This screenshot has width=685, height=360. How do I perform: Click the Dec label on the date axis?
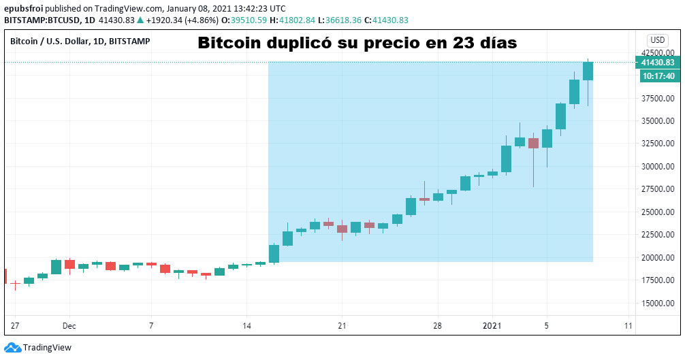click(x=69, y=325)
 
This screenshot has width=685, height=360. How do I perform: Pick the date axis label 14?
click(x=247, y=325)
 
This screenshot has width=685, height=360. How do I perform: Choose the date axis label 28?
click(x=438, y=325)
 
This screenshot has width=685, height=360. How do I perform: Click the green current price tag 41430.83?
click(x=658, y=63)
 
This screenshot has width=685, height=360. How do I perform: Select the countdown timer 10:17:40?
click(x=658, y=76)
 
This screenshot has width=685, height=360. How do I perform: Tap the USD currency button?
click(x=658, y=39)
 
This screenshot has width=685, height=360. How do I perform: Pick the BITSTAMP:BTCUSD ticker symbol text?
click(x=42, y=20)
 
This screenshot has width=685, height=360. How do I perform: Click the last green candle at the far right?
click(x=588, y=71)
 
